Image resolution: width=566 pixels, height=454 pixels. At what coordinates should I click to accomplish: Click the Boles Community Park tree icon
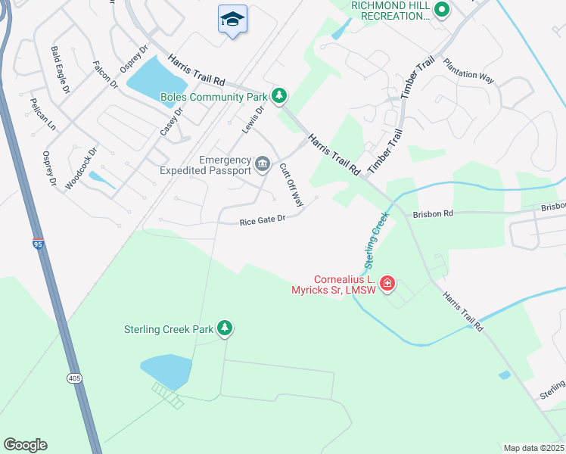[281, 95]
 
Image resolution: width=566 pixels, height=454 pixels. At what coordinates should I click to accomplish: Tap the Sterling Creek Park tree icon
[224, 328]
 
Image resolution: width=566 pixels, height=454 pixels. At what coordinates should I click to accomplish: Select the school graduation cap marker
[233, 20]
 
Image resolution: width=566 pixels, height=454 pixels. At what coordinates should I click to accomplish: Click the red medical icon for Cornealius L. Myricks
[387, 283]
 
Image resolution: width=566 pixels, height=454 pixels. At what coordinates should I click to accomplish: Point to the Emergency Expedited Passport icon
[263, 163]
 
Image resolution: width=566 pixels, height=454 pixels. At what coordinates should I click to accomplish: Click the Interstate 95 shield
[38, 244]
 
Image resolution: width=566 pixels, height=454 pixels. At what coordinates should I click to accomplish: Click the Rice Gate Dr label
[262, 221]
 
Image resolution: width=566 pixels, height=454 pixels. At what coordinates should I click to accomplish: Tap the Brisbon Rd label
[432, 214]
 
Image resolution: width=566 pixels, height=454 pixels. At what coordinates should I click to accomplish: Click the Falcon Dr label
[105, 74]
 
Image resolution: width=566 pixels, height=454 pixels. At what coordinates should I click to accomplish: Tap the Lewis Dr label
[253, 120]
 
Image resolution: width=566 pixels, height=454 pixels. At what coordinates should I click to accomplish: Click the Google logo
[25, 445]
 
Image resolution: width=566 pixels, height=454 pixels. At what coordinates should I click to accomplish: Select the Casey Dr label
[172, 122]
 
